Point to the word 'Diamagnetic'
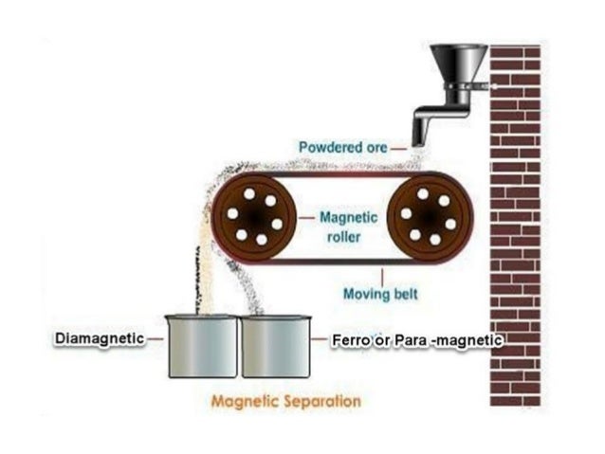[x=98, y=338]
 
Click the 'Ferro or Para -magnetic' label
[x=415, y=338]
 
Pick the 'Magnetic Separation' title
[x=286, y=401]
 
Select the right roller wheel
[x=428, y=217]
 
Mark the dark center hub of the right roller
[x=428, y=217]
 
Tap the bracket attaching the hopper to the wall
[x=482, y=86]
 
